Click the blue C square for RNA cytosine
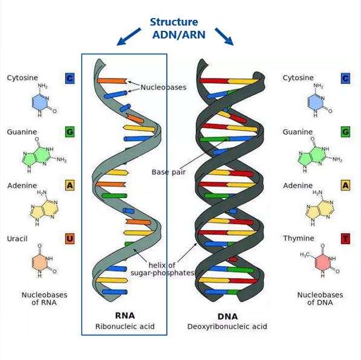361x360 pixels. [x=70, y=79]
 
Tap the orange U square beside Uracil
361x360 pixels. [x=70, y=239]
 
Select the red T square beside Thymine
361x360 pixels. [x=345, y=239]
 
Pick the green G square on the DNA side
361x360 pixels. [x=345, y=132]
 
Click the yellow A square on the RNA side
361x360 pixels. [x=70, y=185]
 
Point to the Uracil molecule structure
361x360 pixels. [x=44, y=260]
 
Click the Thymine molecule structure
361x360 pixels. [x=319, y=260]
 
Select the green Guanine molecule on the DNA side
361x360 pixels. [x=319, y=155]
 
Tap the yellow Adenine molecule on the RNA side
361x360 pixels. [x=44, y=208]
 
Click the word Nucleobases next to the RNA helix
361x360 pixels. [x=163, y=87]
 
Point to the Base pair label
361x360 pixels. [x=169, y=172]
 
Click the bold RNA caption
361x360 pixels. [x=125, y=315]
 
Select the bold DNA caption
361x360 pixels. [x=227, y=317]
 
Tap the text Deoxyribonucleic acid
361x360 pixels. [x=227, y=326]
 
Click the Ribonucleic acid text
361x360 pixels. [x=125, y=326]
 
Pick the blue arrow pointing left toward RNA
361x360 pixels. [x=129, y=37]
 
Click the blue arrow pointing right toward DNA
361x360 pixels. [x=224, y=37]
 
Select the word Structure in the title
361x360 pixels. [x=174, y=22]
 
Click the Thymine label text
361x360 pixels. [x=299, y=239]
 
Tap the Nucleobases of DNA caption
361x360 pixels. [x=320, y=298]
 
